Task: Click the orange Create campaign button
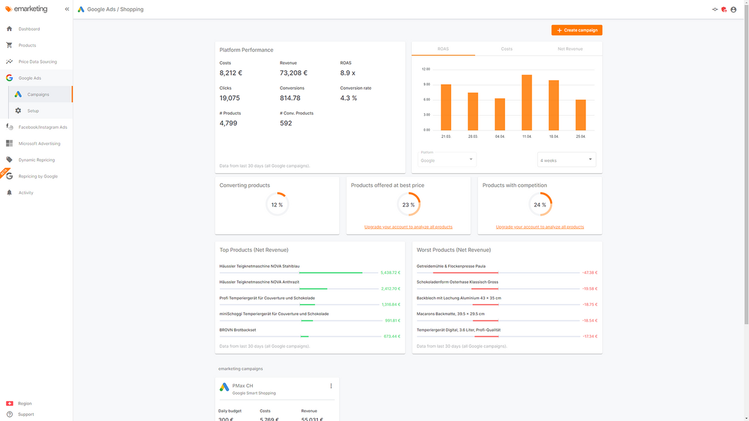576,30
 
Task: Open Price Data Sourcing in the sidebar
37,61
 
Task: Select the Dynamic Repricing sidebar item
36,160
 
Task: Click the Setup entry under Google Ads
33,111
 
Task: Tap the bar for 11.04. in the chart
527,102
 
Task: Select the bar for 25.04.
580,115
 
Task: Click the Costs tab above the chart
507,49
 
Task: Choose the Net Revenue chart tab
570,49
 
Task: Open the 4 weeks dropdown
566,160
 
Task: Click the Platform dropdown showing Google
447,160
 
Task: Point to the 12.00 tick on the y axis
425,69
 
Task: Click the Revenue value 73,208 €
293,73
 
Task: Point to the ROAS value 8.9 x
348,73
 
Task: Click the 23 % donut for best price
408,205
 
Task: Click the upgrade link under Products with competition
540,227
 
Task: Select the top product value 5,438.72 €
390,272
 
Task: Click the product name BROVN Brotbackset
238,330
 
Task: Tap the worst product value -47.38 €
589,272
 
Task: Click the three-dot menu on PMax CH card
331,386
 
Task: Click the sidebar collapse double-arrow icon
67,9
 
